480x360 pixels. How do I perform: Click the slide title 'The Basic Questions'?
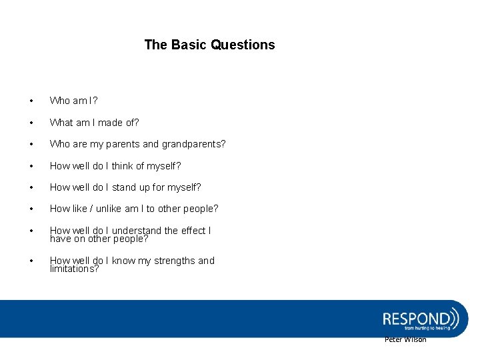point(209,45)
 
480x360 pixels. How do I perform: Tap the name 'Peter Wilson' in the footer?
point(405,340)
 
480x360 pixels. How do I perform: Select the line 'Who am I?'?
point(73,101)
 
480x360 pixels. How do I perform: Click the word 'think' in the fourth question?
point(123,166)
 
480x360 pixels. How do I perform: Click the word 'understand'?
point(136,231)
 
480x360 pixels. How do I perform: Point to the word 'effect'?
point(193,231)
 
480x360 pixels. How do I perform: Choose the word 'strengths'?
point(173,261)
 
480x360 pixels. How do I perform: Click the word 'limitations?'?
point(74,269)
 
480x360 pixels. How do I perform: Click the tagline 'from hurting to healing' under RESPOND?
point(427,328)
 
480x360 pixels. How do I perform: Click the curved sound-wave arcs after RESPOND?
point(455,316)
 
